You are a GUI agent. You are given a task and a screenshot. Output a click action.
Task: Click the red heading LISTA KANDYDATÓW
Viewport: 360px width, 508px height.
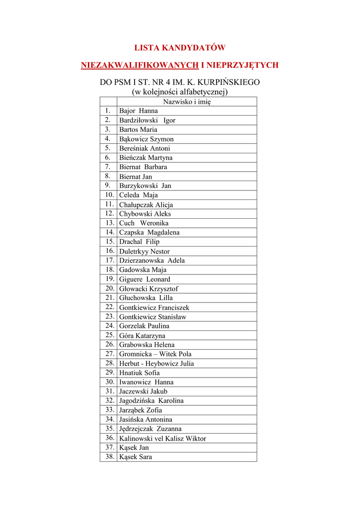pyautogui.click(x=180, y=48)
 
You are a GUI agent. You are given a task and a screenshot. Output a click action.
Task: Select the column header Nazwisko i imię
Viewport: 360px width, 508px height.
pyautogui.click(x=187, y=102)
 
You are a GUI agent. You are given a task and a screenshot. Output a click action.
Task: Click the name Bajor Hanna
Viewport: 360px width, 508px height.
pyautogui.click(x=139, y=111)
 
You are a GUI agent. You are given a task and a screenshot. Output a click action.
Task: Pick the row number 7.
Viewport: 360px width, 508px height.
pyautogui.click(x=107, y=167)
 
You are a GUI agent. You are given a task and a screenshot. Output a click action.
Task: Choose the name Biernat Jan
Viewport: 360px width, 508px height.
pyautogui.click(x=136, y=177)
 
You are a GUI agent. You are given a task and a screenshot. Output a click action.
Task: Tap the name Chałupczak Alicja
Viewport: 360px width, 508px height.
pyautogui.click(x=146, y=205)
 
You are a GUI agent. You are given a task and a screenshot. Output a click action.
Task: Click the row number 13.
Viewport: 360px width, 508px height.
pyautogui.click(x=109, y=223)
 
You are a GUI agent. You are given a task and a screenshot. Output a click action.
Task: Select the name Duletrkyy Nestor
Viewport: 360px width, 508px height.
pyautogui.click(x=144, y=252)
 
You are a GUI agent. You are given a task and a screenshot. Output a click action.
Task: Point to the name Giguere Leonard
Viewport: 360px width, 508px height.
pyautogui.click(x=144, y=279)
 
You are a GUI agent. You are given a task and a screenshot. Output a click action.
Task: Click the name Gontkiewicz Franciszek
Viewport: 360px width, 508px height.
pyautogui.click(x=154, y=308)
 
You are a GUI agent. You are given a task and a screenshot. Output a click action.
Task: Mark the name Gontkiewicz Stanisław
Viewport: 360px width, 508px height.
pyautogui.click(x=153, y=317)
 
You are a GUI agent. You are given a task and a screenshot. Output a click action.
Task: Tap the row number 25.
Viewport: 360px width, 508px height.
pyautogui.click(x=109, y=335)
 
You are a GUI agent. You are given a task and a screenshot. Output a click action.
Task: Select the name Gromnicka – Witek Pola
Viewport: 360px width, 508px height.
pyautogui.click(x=155, y=354)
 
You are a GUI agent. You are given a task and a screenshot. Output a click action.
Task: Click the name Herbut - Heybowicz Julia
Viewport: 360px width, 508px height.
pyautogui.click(x=156, y=364)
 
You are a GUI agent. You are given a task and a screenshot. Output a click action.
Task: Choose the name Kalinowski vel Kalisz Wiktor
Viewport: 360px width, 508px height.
pyautogui.click(x=162, y=439)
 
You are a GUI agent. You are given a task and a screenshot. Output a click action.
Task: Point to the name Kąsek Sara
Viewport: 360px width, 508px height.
pyautogui.click(x=136, y=457)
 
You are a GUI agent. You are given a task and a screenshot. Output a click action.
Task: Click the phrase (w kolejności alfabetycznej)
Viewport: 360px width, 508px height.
pyautogui.click(x=179, y=92)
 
